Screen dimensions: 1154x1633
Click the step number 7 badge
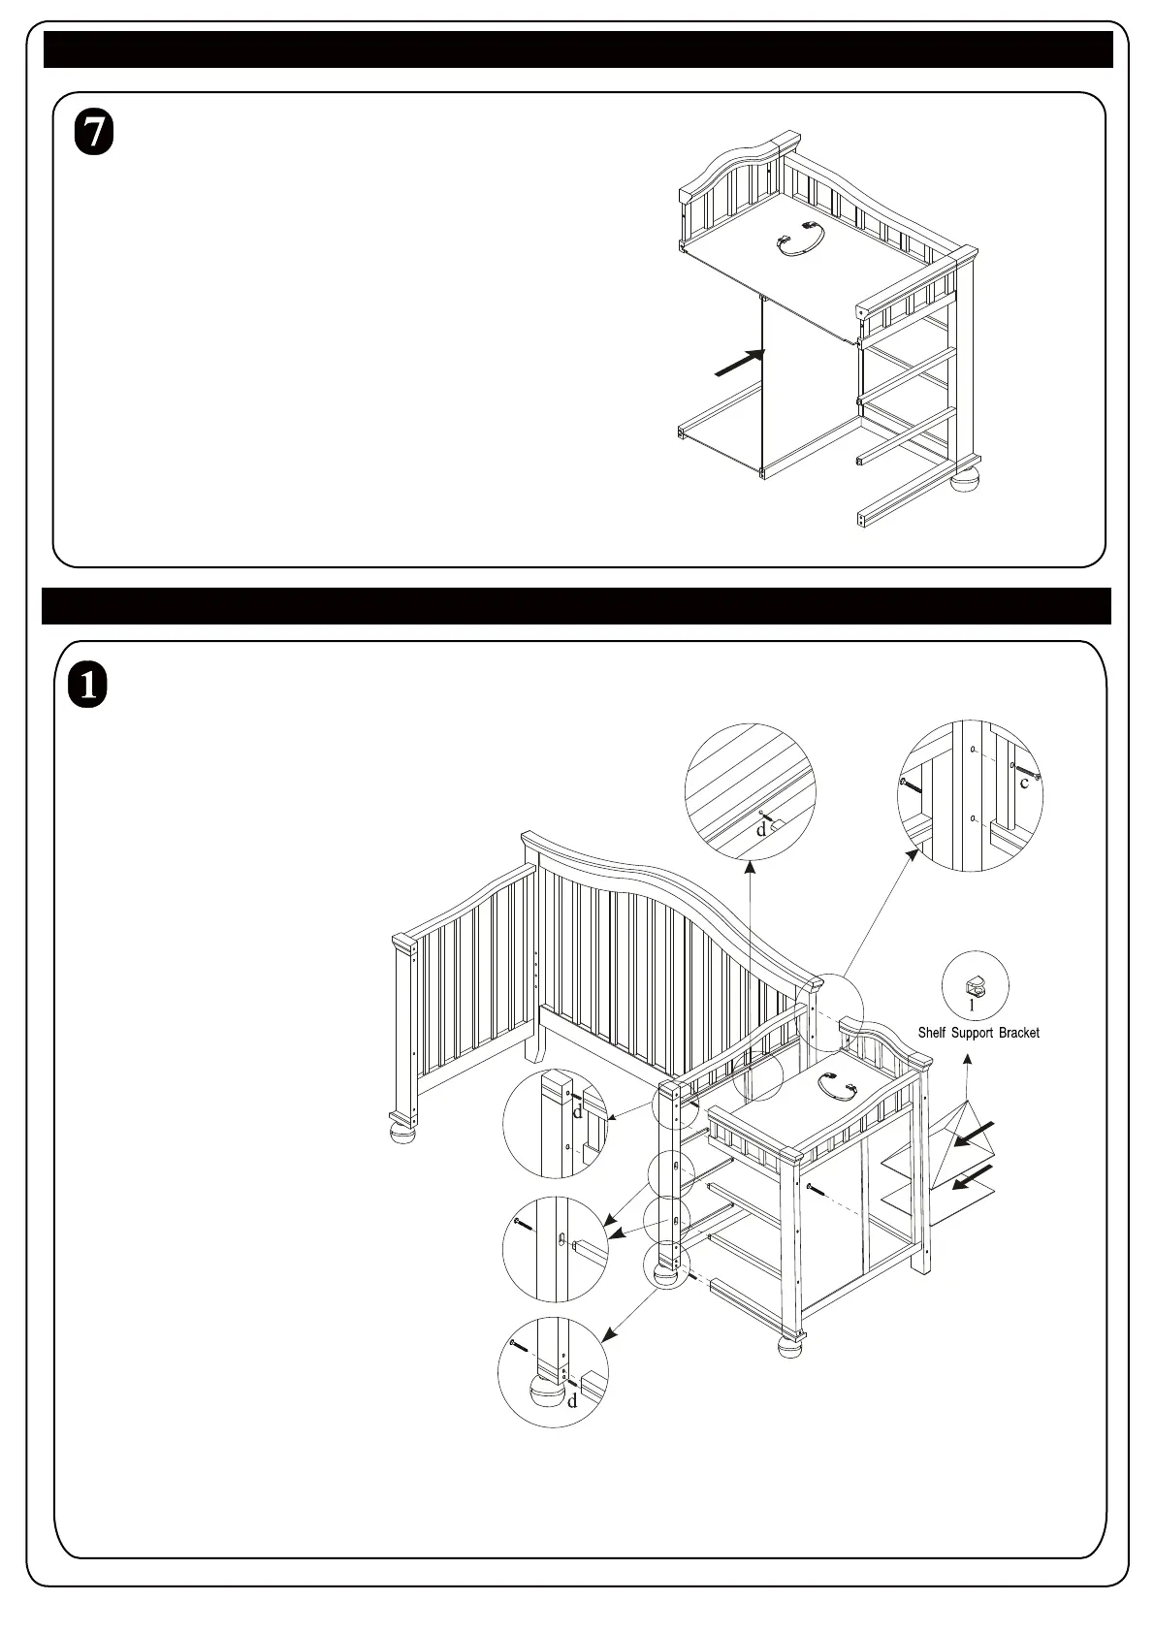tap(94, 134)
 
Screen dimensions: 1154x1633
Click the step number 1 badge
tap(88, 686)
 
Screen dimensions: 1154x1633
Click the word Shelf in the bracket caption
tap(931, 1033)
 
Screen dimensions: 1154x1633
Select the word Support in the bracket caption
tap(972, 1033)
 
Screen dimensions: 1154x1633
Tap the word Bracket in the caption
tap(1018, 1033)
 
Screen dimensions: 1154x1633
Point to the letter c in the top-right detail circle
tap(1024, 783)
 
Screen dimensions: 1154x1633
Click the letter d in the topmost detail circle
tap(761, 829)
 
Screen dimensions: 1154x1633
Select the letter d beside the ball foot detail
tap(572, 1401)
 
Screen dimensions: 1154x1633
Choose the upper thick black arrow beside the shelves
tap(974, 1134)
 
